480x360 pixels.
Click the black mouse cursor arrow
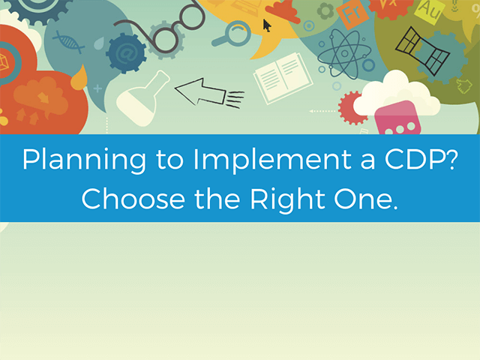tap(266, 25)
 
